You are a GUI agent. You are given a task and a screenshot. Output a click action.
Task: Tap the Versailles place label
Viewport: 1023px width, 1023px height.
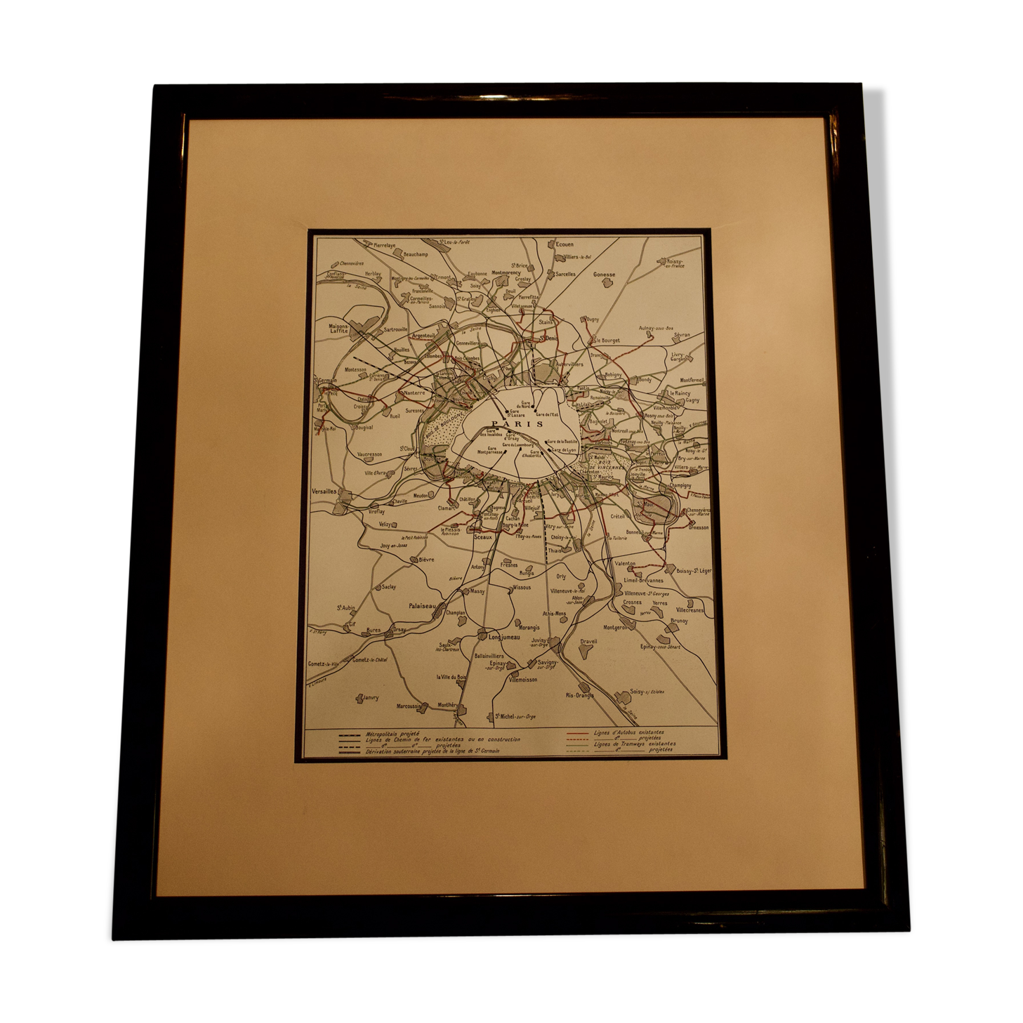tap(323, 491)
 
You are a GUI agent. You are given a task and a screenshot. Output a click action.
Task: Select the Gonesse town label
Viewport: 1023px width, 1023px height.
tap(604, 275)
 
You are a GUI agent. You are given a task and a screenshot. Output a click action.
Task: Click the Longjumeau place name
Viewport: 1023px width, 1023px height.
tap(503, 637)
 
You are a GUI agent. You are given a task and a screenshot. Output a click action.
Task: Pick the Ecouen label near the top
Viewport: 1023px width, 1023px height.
tap(565, 244)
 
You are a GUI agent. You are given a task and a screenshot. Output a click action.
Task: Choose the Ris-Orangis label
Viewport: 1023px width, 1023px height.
tap(579, 695)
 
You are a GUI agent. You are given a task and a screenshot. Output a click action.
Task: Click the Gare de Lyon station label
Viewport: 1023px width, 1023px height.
tap(564, 449)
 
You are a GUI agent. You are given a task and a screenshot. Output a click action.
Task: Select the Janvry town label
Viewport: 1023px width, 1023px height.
tap(370, 697)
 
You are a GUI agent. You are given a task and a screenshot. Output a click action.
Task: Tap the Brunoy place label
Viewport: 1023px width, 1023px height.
tap(679, 621)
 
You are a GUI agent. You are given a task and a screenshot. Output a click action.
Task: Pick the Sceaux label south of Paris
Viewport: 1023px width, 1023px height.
tap(483, 536)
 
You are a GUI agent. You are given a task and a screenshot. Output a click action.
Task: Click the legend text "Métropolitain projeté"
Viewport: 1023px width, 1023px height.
tap(392, 733)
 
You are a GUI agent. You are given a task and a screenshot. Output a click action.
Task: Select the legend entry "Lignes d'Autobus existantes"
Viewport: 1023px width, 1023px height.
tap(628, 732)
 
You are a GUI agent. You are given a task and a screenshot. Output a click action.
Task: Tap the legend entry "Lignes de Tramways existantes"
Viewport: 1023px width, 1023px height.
tap(635, 744)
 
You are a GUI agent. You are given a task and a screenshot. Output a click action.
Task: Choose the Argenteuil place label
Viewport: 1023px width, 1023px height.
tap(424, 336)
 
